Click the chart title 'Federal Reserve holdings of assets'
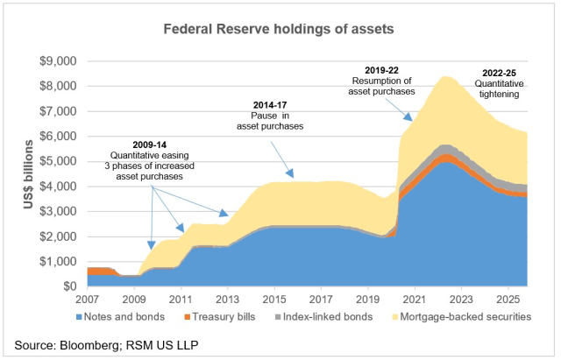[280, 28]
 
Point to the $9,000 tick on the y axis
[60, 61]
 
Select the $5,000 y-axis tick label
[60, 162]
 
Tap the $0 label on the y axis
[71, 286]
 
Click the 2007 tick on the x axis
[88, 298]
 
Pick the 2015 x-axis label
[275, 298]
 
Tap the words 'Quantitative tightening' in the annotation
[505, 92]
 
